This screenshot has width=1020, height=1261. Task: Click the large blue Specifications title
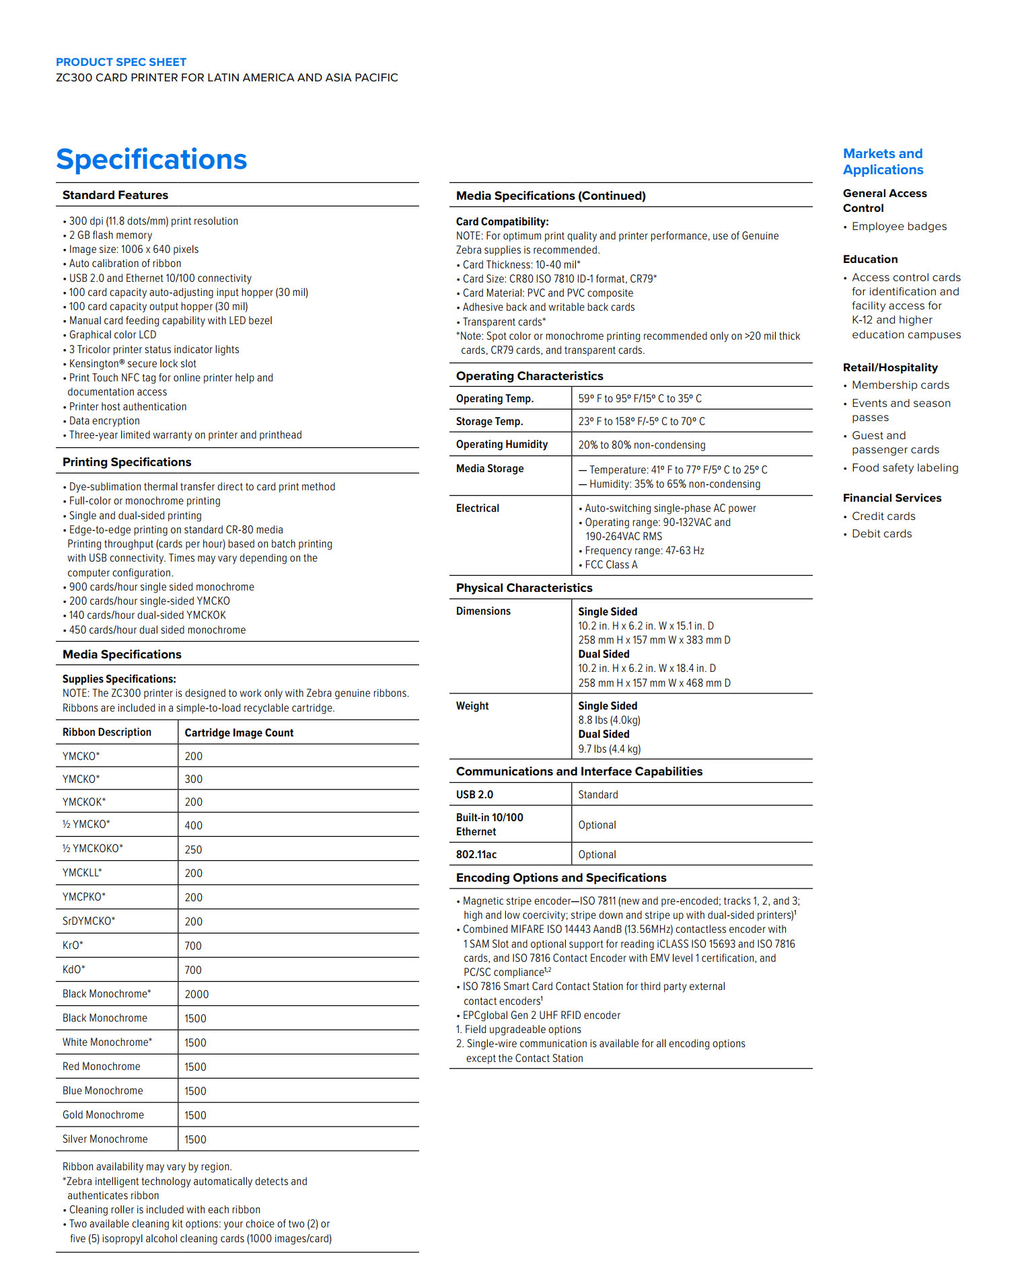(151, 159)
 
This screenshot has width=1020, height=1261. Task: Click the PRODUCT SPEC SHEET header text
(121, 62)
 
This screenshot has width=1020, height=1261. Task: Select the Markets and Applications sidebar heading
(883, 161)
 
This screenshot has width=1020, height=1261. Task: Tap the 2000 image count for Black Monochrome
(196, 994)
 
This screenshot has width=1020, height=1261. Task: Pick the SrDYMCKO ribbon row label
(89, 921)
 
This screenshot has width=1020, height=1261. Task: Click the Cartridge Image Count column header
(239, 732)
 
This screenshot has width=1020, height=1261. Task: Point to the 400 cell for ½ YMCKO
(194, 825)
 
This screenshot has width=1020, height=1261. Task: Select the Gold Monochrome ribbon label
(103, 1114)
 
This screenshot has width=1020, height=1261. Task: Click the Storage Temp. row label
(489, 421)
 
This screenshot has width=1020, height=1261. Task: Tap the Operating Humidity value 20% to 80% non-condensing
(642, 445)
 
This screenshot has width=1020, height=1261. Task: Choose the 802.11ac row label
(476, 854)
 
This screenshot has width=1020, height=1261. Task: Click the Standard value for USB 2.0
(598, 794)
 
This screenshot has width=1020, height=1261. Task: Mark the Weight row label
(472, 705)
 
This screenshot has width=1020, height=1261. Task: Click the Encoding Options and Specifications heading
(561, 878)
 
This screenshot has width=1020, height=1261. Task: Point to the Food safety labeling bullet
(905, 467)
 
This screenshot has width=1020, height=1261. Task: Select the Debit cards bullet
(881, 533)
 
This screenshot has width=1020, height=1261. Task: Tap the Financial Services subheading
(892, 498)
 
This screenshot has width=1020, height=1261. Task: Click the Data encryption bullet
(104, 421)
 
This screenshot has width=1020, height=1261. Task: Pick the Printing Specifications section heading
(126, 462)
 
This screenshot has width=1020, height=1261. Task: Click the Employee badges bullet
(899, 226)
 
